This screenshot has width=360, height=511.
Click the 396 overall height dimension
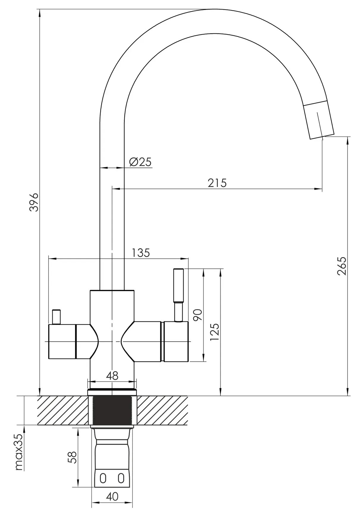[35, 202]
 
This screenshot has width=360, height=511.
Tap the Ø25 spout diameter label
[140, 162]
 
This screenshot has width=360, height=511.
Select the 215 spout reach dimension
[217, 183]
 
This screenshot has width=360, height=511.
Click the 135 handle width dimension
[141, 253]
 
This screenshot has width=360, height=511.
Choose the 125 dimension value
[215, 332]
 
